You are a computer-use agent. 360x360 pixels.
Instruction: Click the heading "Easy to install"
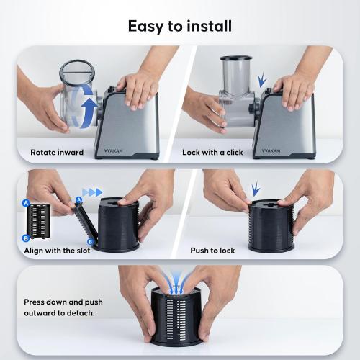[180, 27]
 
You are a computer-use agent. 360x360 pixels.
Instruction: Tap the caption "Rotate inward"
[57, 153]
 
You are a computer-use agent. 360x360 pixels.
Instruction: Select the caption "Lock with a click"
[212, 153]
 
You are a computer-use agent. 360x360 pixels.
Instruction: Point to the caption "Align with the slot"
[57, 251]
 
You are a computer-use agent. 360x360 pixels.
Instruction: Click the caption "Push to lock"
[212, 251]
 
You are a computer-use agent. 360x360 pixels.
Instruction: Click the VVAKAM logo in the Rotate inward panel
[113, 151]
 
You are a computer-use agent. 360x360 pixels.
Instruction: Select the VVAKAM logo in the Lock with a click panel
[271, 151]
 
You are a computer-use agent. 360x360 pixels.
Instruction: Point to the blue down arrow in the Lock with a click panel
[262, 80]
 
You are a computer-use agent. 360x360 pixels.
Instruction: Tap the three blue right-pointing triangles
[92, 192]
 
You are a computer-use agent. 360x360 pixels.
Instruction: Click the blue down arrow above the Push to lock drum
[256, 189]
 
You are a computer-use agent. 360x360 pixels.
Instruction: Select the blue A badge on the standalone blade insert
[26, 203]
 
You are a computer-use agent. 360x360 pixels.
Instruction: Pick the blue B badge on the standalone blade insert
[26, 238]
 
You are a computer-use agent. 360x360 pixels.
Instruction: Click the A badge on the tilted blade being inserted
[78, 199]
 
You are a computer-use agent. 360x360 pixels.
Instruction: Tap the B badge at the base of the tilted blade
[90, 241]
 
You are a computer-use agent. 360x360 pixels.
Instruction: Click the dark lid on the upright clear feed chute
[236, 58]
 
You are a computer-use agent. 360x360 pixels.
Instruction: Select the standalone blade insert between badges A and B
[38, 221]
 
